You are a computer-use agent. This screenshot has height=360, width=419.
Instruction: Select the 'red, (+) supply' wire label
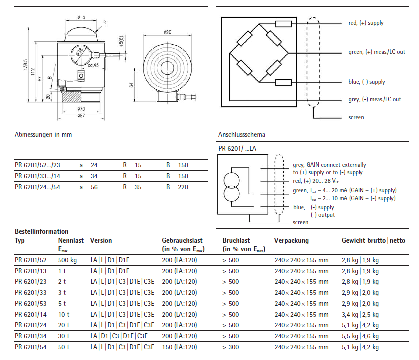(366, 23)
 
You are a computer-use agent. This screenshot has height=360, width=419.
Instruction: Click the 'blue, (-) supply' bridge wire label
(367, 82)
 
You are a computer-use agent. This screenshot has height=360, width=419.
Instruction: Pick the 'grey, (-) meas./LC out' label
(374, 100)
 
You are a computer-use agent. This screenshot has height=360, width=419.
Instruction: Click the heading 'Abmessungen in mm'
(43, 135)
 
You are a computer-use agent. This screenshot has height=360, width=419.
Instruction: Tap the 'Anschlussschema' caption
(242, 135)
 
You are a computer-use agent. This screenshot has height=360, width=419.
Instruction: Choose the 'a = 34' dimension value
(89, 176)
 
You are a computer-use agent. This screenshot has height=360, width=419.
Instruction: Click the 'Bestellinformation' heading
(42, 232)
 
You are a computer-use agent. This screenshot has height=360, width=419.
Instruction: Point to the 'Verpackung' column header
(291, 241)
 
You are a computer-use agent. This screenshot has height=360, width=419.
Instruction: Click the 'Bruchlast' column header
(236, 241)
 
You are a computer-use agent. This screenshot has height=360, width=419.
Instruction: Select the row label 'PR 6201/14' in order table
(31, 314)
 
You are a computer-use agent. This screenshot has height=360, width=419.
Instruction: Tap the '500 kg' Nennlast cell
(68, 260)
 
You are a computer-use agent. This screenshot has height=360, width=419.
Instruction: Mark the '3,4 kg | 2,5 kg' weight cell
(360, 314)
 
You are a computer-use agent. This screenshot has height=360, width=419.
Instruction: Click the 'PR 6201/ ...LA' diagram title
(237, 148)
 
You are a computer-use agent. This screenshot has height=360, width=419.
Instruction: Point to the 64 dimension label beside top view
(132, 86)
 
